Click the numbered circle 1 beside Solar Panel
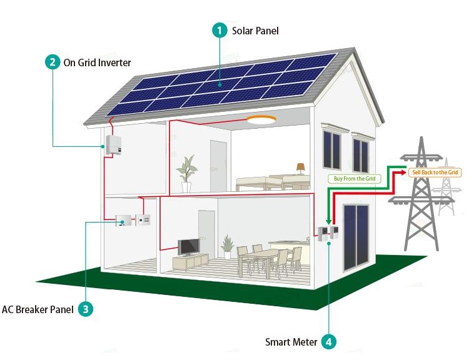[219, 31]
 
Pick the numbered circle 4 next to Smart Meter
[329, 342]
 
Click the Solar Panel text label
[255, 31]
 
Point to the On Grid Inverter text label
[98, 62]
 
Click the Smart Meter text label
[291, 342]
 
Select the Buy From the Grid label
[354, 179]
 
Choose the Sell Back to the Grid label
[435, 172]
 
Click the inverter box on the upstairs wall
[113, 145]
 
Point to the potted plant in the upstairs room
[186, 173]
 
